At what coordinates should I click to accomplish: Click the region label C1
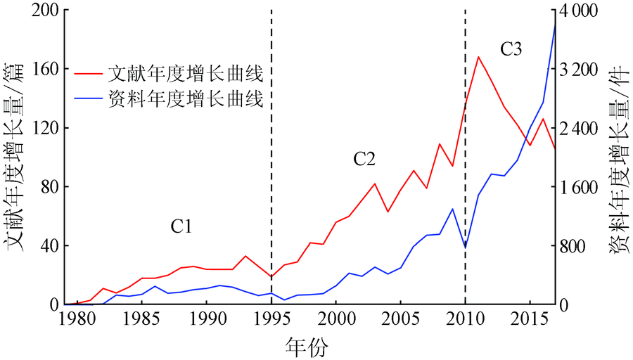tap(181, 226)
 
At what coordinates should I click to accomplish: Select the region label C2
tap(364, 160)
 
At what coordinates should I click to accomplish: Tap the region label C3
tap(511, 49)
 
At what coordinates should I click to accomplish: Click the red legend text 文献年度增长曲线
tap(186, 73)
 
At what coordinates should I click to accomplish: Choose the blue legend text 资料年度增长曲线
tap(186, 100)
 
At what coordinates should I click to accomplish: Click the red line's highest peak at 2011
tap(478, 57)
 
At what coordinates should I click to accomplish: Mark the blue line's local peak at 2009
tap(452, 208)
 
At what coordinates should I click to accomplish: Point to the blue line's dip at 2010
tap(465, 247)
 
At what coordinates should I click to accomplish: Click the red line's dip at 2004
tap(388, 212)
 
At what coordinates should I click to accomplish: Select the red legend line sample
tap(87, 73)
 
